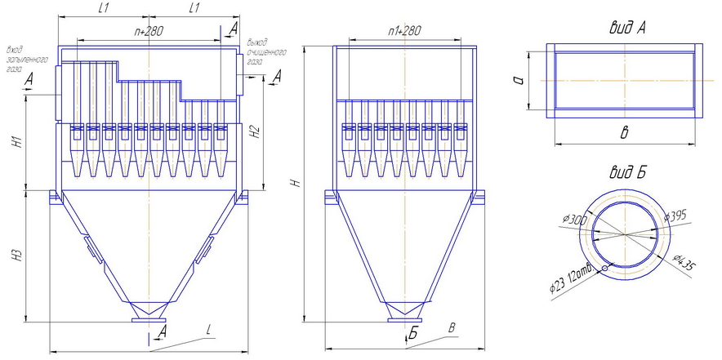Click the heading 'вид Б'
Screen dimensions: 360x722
627,172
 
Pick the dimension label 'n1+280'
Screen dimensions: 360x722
402,30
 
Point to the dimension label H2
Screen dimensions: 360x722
256,131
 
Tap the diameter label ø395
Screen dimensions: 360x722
675,217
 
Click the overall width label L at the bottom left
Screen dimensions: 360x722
209,330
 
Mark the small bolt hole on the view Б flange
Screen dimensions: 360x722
604,268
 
